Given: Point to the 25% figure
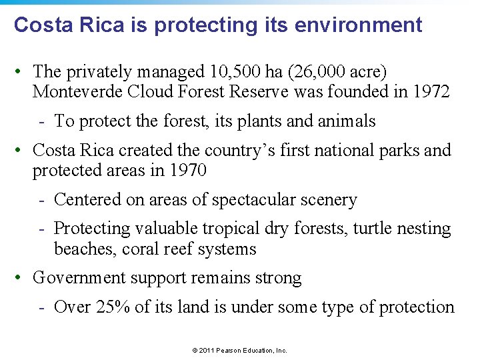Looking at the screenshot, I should tap(109, 307).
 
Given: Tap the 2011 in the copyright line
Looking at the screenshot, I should tap(201, 350).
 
